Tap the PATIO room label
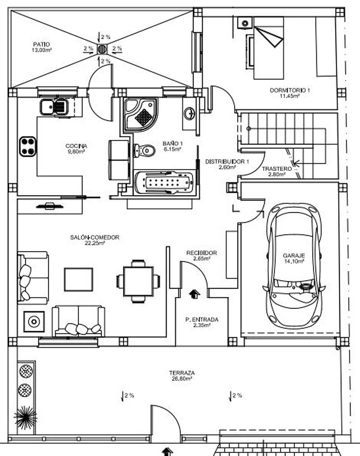click(42, 44)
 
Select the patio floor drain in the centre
click(102, 49)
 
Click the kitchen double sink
click(54, 107)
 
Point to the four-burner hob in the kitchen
click(28, 146)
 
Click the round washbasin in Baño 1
click(189, 114)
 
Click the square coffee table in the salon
click(79, 279)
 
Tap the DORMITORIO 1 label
click(289, 90)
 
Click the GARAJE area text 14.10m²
click(294, 261)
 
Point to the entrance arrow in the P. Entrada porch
click(195, 293)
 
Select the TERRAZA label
click(182, 373)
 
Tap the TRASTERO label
click(276, 169)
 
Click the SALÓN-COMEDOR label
click(94, 237)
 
